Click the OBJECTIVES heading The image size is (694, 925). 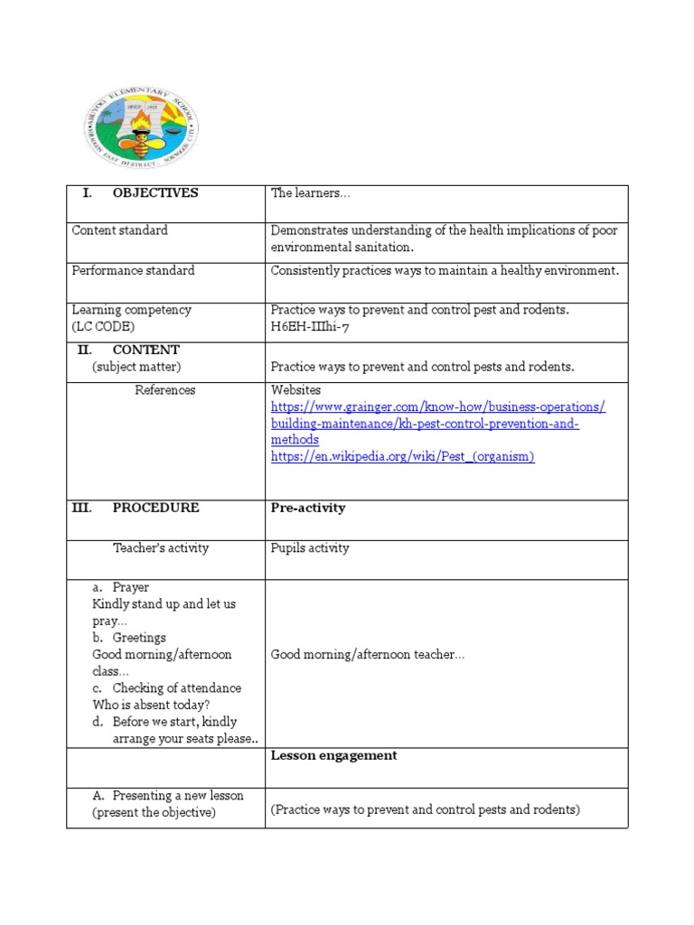(x=155, y=193)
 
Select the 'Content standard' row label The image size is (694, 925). (x=119, y=230)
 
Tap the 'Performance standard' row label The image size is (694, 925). (x=133, y=270)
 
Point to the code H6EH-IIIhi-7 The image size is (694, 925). (x=309, y=327)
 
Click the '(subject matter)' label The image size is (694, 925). (x=136, y=367)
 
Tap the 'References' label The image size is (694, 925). (x=164, y=390)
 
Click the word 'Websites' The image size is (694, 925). (x=295, y=390)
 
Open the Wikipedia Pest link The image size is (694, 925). (x=402, y=457)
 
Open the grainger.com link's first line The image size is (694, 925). (x=438, y=407)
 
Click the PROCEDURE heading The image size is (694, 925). (x=155, y=509)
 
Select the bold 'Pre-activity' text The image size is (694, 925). (x=308, y=509)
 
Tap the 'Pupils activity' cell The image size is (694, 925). (x=310, y=548)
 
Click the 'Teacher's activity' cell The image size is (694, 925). (x=160, y=548)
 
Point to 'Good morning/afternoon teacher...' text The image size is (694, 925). (x=368, y=655)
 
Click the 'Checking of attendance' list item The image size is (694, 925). (x=176, y=688)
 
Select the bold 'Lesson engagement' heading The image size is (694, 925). (x=333, y=756)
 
